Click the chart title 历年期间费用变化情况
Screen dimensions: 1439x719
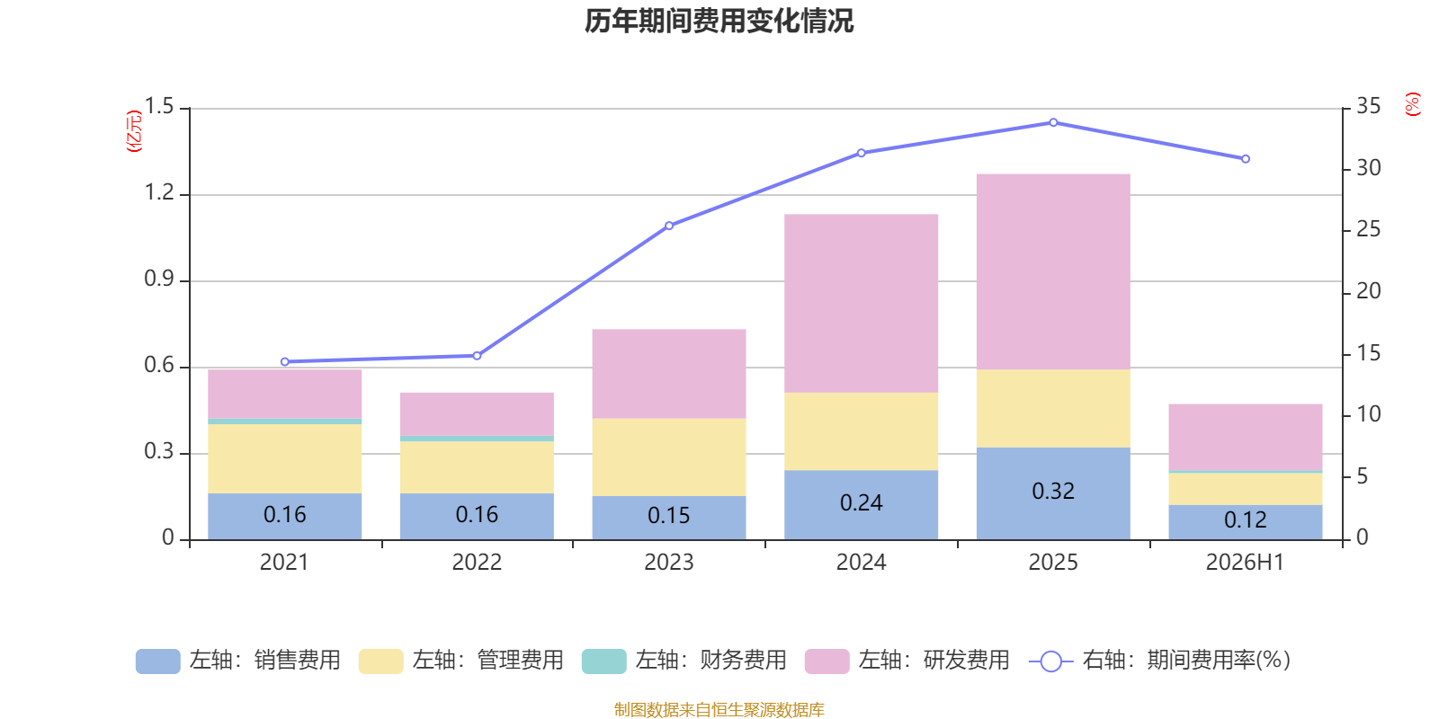click(x=719, y=22)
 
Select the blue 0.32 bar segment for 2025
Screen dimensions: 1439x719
click(x=1053, y=493)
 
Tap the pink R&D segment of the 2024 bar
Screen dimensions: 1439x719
click(x=861, y=304)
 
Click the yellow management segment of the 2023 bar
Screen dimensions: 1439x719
click(x=669, y=457)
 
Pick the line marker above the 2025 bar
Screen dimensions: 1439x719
click(x=1053, y=122)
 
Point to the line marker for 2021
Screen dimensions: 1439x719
click(x=284, y=362)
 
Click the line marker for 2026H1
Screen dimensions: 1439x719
click(x=1246, y=159)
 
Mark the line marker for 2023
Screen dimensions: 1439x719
click(x=669, y=226)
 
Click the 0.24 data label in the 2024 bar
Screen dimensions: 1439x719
click(x=861, y=502)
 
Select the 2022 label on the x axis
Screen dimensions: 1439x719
click(x=477, y=563)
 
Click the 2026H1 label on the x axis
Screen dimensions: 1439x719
click(x=1245, y=563)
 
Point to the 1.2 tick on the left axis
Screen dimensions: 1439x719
click(x=159, y=192)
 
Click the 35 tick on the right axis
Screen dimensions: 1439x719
click(x=1368, y=106)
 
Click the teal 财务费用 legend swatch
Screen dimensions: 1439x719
click(x=603, y=661)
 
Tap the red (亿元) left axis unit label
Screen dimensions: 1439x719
click(x=134, y=131)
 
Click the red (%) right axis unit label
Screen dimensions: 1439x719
click(x=1412, y=104)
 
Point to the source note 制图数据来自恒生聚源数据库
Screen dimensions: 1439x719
click(x=719, y=709)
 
